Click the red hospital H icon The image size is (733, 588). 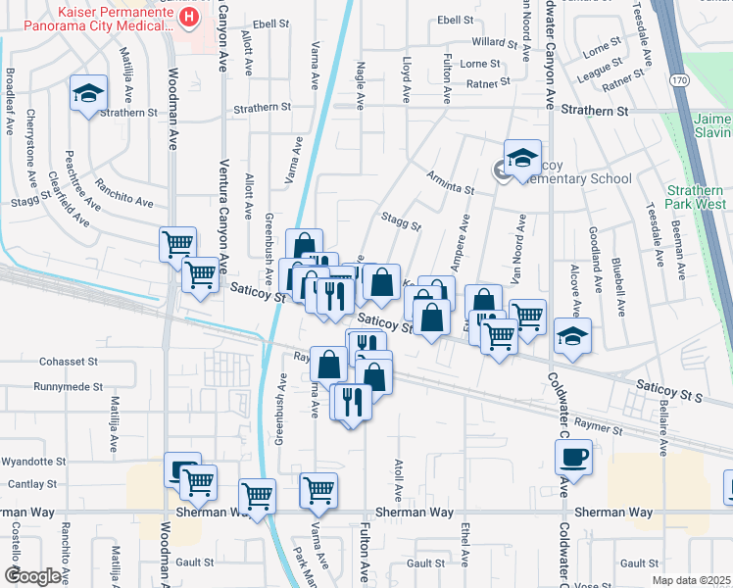point(189,17)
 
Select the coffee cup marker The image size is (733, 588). point(573,457)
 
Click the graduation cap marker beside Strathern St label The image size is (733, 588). point(88,95)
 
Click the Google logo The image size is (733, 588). point(31,576)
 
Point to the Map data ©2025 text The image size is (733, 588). point(691,580)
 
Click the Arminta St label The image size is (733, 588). point(450,175)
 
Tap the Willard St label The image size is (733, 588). point(494,43)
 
